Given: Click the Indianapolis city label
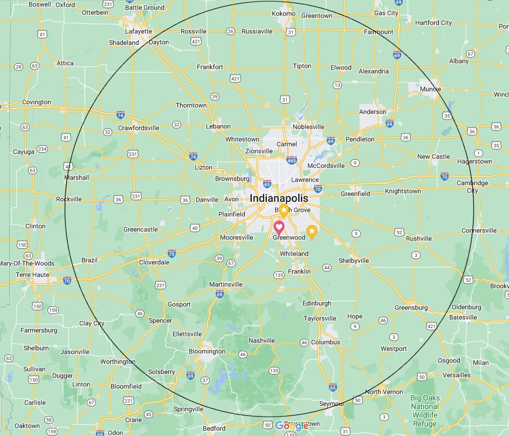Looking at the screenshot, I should point(279,198).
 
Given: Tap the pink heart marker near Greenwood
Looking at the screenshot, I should point(279,227).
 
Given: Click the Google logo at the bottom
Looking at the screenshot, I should point(291,426).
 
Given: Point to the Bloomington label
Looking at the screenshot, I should point(207,351).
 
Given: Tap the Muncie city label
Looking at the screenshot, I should point(431,90).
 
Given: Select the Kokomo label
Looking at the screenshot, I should point(284,13).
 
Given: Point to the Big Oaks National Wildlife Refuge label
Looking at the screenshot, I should point(424,410).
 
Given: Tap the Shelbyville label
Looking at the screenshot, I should point(353,261).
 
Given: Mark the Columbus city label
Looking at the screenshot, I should point(325,342).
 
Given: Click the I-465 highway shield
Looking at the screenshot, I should point(291,160).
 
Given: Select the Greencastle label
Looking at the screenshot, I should point(140,229).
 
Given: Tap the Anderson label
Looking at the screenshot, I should point(373,112).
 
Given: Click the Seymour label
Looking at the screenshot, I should point(331,404).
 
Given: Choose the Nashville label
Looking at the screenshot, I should point(262,340).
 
